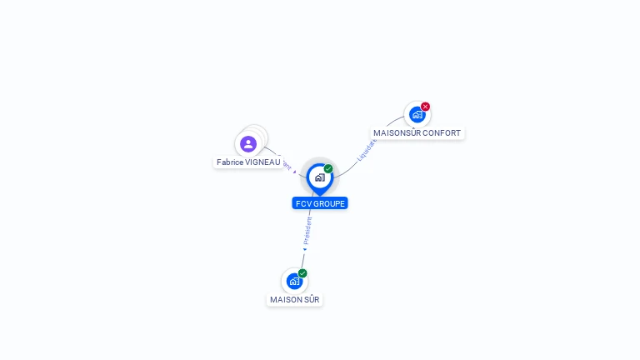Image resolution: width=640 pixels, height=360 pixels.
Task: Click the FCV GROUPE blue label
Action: [x=320, y=203]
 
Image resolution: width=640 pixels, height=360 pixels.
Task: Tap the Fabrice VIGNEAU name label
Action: [x=248, y=162]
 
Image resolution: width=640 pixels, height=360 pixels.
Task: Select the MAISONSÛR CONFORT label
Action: [x=417, y=133]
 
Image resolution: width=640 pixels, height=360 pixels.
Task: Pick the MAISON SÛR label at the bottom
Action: [x=294, y=300]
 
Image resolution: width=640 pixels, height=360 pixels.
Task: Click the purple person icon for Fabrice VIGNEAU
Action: [x=248, y=143]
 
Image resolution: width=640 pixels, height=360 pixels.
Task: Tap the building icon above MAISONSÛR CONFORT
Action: [x=417, y=115]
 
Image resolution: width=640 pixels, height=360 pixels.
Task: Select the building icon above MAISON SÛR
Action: [x=294, y=282]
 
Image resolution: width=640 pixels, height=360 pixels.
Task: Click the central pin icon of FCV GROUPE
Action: [x=319, y=177]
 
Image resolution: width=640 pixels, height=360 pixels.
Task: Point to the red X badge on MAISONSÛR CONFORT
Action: [x=425, y=107]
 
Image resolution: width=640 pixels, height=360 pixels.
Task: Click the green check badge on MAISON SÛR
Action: [x=302, y=273]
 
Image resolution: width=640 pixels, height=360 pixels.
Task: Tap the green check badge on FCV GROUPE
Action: [x=328, y=169]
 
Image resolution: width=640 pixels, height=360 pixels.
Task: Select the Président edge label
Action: [x=307, y=231]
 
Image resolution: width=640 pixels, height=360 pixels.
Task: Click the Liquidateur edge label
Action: [x=366, y=148]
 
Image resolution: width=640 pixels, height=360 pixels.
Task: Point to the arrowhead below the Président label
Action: [x=305, y=248]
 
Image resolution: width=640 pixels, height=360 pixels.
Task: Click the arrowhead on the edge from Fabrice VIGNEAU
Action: [x=295, y=172]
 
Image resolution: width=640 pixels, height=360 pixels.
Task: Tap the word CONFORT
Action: [x=442, y=133]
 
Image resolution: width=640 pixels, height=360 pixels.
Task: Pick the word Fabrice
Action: [x=230, y=162]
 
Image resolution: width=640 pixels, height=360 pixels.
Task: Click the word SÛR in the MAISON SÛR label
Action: [x=311, y=300]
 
